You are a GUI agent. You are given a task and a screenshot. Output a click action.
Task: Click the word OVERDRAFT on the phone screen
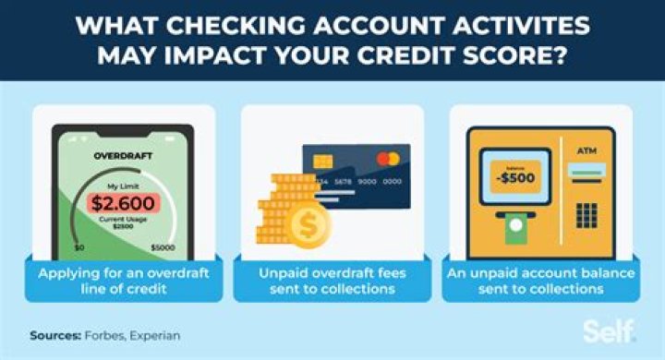pyautogui.click(x=123, y=156)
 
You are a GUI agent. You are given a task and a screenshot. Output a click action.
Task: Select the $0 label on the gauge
pyautogui.click(x=79, y=248)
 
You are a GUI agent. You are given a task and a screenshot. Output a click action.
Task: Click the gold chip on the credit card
pyautogui.click(x=324, y=162)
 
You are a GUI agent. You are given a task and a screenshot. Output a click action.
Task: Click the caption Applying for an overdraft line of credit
pyautogui.click(x=122, y=281)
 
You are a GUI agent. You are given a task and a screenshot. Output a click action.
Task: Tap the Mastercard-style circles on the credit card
pyautogui.click(x=389, y=159)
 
